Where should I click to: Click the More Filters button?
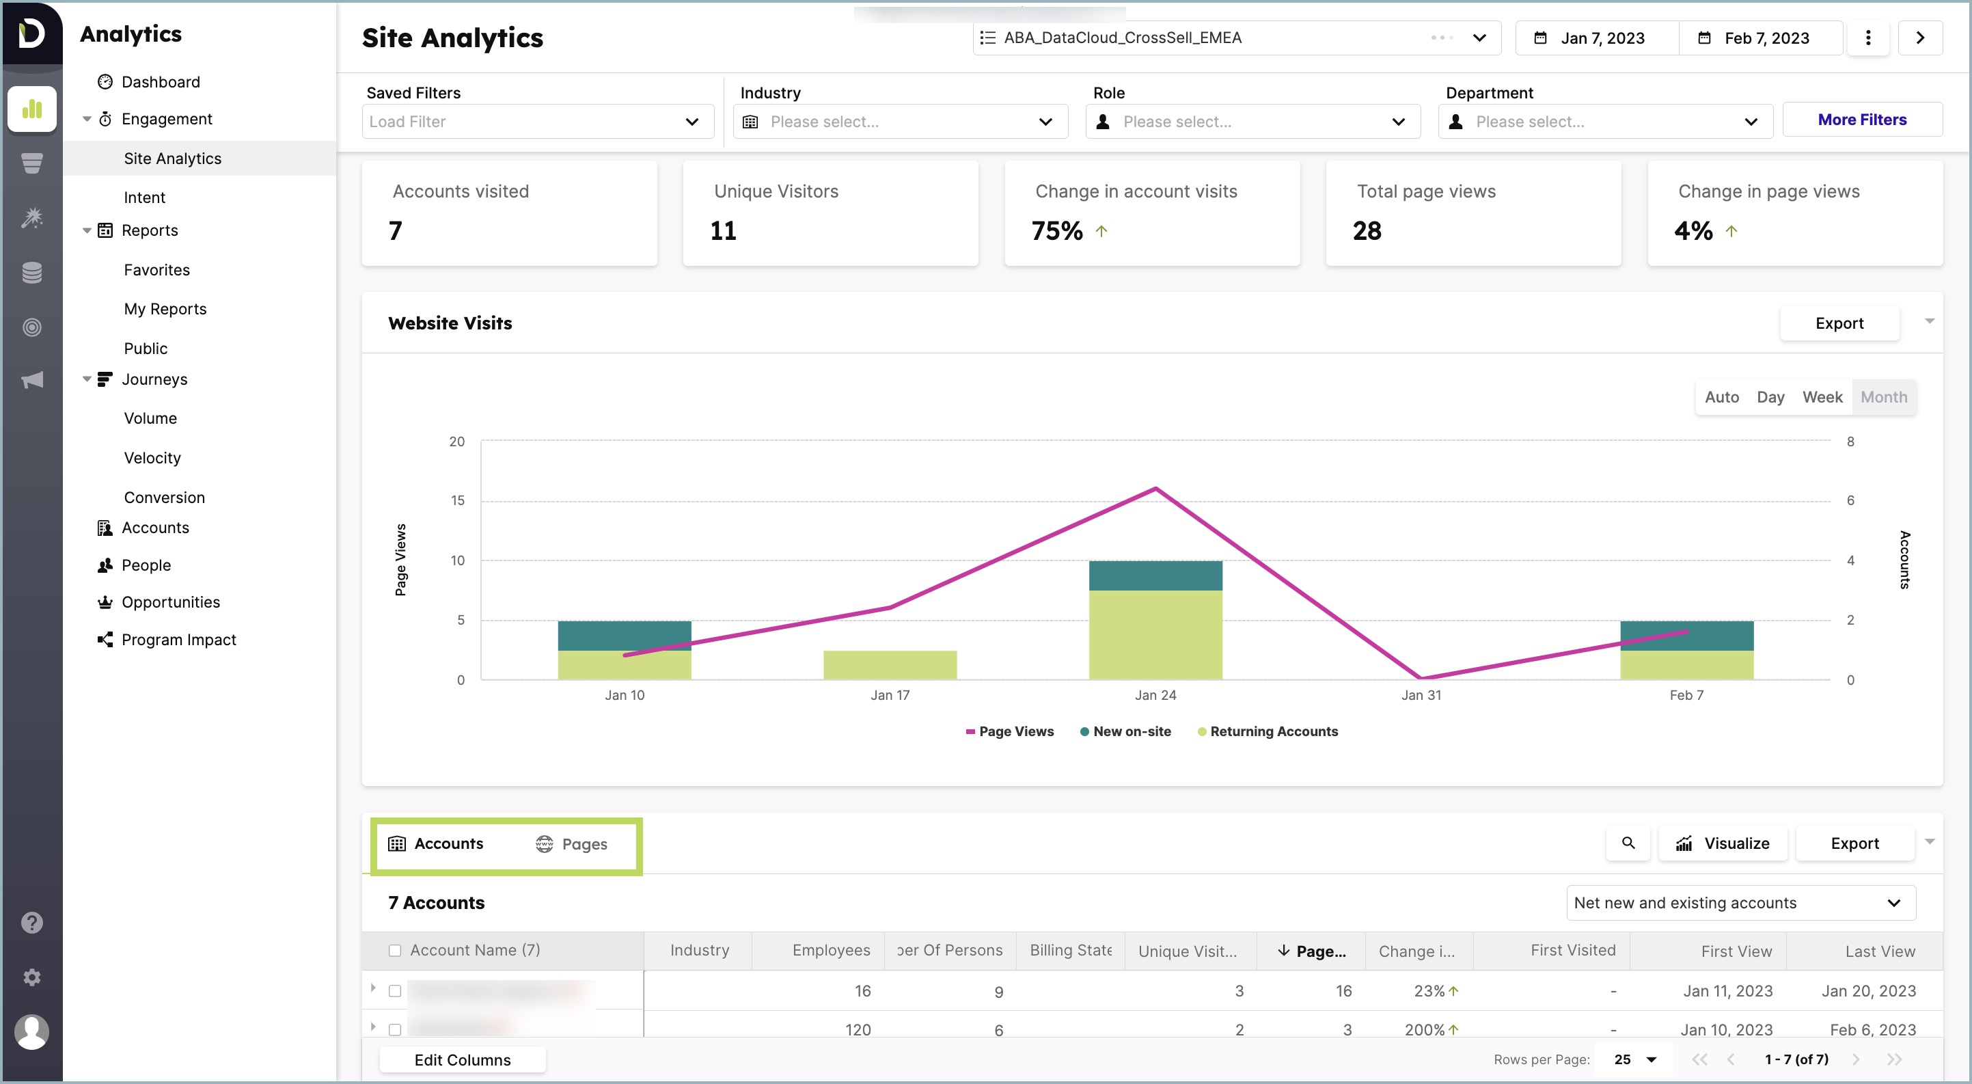pos(1862,120)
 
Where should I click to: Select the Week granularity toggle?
pos(1822,396)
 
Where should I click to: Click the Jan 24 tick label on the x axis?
pos(1155,695)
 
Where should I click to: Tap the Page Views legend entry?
pos(1010,731)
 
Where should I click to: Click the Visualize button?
pos(1723,843)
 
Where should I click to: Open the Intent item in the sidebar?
pos(145,198)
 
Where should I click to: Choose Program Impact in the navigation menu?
pos(178,639)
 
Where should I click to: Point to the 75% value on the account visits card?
pos(1056,230)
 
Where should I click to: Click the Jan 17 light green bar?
pos(890,664)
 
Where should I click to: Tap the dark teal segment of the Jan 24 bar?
pos(1155,575)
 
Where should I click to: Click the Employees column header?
pos(831,950)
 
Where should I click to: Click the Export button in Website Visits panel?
pos(1839,323)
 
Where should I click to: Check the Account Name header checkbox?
pos(395,950)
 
